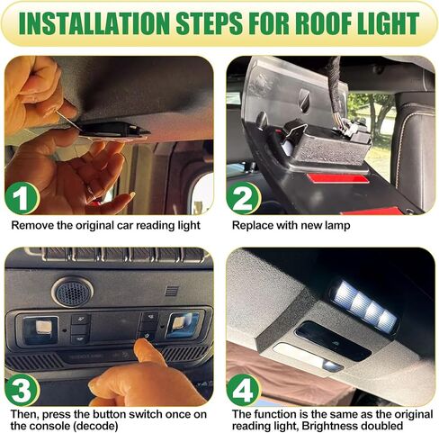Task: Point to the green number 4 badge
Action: click(x=244, y=389)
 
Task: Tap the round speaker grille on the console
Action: click(x=72, y=290)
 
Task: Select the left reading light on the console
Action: click(x=40, y=328)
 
